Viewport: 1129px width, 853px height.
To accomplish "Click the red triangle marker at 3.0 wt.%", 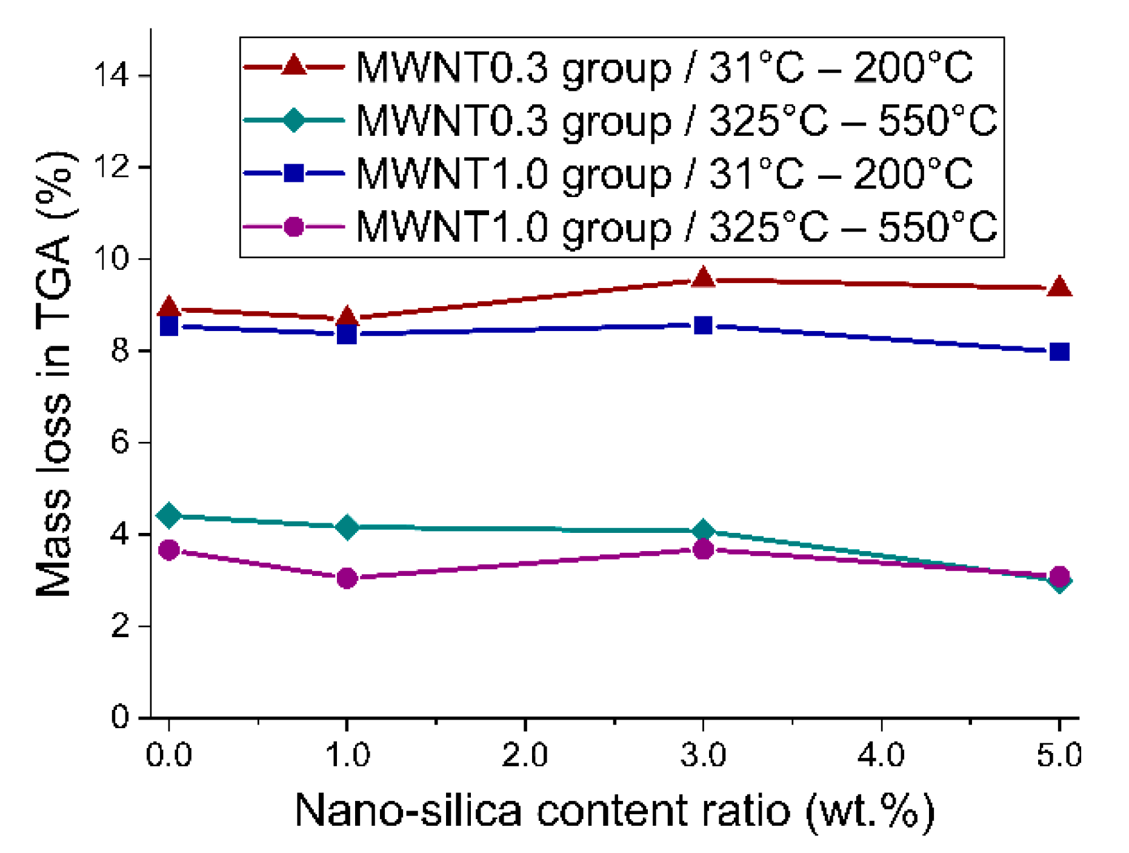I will (x=703, y=278).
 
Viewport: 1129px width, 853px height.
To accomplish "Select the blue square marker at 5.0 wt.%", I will (x=1059, y=352).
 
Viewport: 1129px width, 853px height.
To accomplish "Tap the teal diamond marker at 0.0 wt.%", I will (x=168, y=515).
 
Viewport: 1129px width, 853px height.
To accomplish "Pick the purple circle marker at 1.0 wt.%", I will (x=347, y=578).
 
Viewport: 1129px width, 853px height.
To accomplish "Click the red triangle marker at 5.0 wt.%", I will (x=1059, y=287).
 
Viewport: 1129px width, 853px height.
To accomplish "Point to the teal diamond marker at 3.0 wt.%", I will (x=703, y=531).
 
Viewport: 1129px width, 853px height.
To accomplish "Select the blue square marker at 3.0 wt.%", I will (x=703, y=326).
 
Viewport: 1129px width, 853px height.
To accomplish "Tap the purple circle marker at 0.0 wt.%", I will (x=168, y=550).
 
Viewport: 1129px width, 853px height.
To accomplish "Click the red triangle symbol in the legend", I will (x=294, y=65).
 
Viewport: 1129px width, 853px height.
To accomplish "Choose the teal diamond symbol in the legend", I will (x=294, y=119).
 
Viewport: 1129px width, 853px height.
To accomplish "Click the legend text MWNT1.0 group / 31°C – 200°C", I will (x=664, y=174).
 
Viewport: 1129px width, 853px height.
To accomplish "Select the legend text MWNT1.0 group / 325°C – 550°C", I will (x=676, y=227).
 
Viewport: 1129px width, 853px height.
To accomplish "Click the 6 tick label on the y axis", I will (x=120, y=443).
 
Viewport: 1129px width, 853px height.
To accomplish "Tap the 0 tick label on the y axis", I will (x=120, y=717).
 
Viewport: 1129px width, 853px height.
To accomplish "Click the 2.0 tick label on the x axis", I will (x=525, y=755).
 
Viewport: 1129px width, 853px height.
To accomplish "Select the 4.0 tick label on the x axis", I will (x=881, y=755).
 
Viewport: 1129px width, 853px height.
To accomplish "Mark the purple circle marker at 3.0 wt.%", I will (x=703, y=549).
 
